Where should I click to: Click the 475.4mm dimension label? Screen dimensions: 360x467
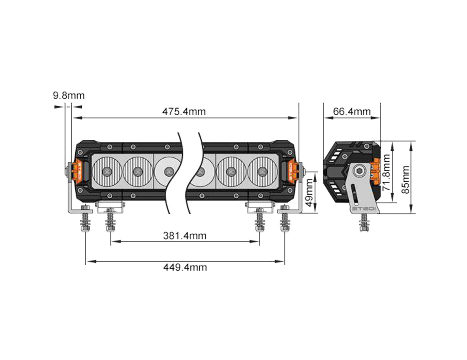coord(184,112)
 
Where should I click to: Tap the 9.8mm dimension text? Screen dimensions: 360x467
coord(69,96)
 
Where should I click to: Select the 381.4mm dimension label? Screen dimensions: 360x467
coord(185,236)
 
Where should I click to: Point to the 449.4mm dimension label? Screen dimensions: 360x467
coord(185,267)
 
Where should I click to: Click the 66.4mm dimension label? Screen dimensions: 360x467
coord(352,112)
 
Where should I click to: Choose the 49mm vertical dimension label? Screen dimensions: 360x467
coord(309,192)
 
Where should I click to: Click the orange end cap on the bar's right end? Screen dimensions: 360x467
coord(292,171)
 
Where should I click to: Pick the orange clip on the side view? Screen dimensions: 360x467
coord(375,172)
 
